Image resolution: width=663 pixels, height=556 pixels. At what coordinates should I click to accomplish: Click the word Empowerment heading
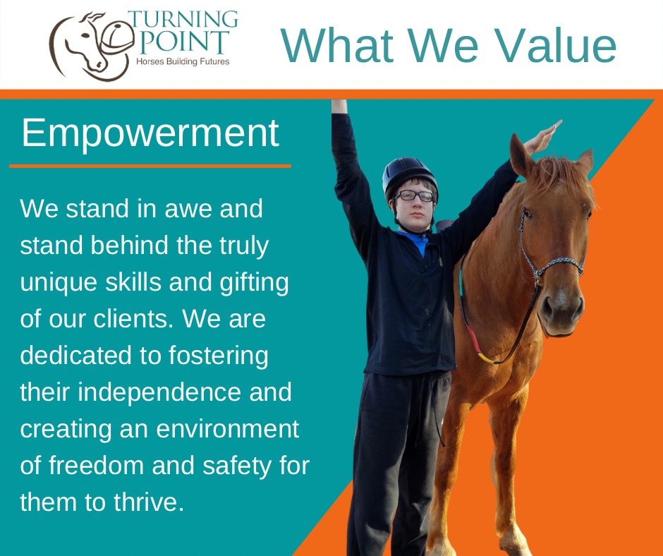point(150,133)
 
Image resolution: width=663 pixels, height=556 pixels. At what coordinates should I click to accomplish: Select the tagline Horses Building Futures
point(183,62)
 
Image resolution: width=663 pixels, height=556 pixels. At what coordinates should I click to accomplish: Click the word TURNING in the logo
point(183,20)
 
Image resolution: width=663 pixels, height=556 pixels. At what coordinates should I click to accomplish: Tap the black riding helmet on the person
point(408,176)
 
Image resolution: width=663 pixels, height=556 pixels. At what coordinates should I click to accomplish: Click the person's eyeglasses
point(415,196)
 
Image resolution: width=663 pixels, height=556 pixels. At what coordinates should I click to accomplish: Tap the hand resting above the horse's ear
point(542,137)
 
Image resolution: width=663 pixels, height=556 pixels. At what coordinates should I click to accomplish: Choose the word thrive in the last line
point(148,502)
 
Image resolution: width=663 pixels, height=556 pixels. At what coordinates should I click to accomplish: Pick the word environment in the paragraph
point(228,429)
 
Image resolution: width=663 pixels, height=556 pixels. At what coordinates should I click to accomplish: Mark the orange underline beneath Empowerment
point(150,167)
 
